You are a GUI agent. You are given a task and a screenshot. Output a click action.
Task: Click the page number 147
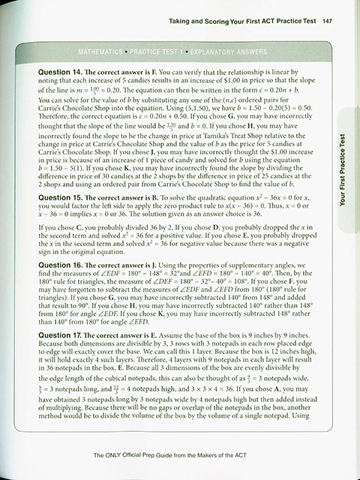[327, 21]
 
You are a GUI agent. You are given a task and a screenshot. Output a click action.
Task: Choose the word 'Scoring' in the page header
[225, 21]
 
